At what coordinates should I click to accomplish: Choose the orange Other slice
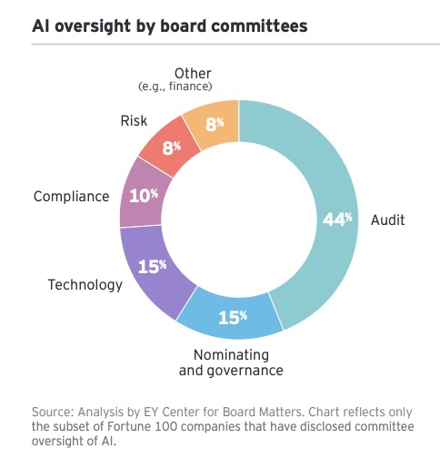[x=214, y=124]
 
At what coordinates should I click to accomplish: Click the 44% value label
[x=337, y=219]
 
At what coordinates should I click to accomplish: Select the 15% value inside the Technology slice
[x=151, y=266]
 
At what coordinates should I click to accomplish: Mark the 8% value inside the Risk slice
[x=170, y=148]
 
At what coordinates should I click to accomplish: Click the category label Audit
[x=387, y=219]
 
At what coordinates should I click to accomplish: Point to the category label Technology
[x=85, y=285]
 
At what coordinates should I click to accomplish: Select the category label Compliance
[x=71, y=196]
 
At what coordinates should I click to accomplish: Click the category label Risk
[x=134, y=119]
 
